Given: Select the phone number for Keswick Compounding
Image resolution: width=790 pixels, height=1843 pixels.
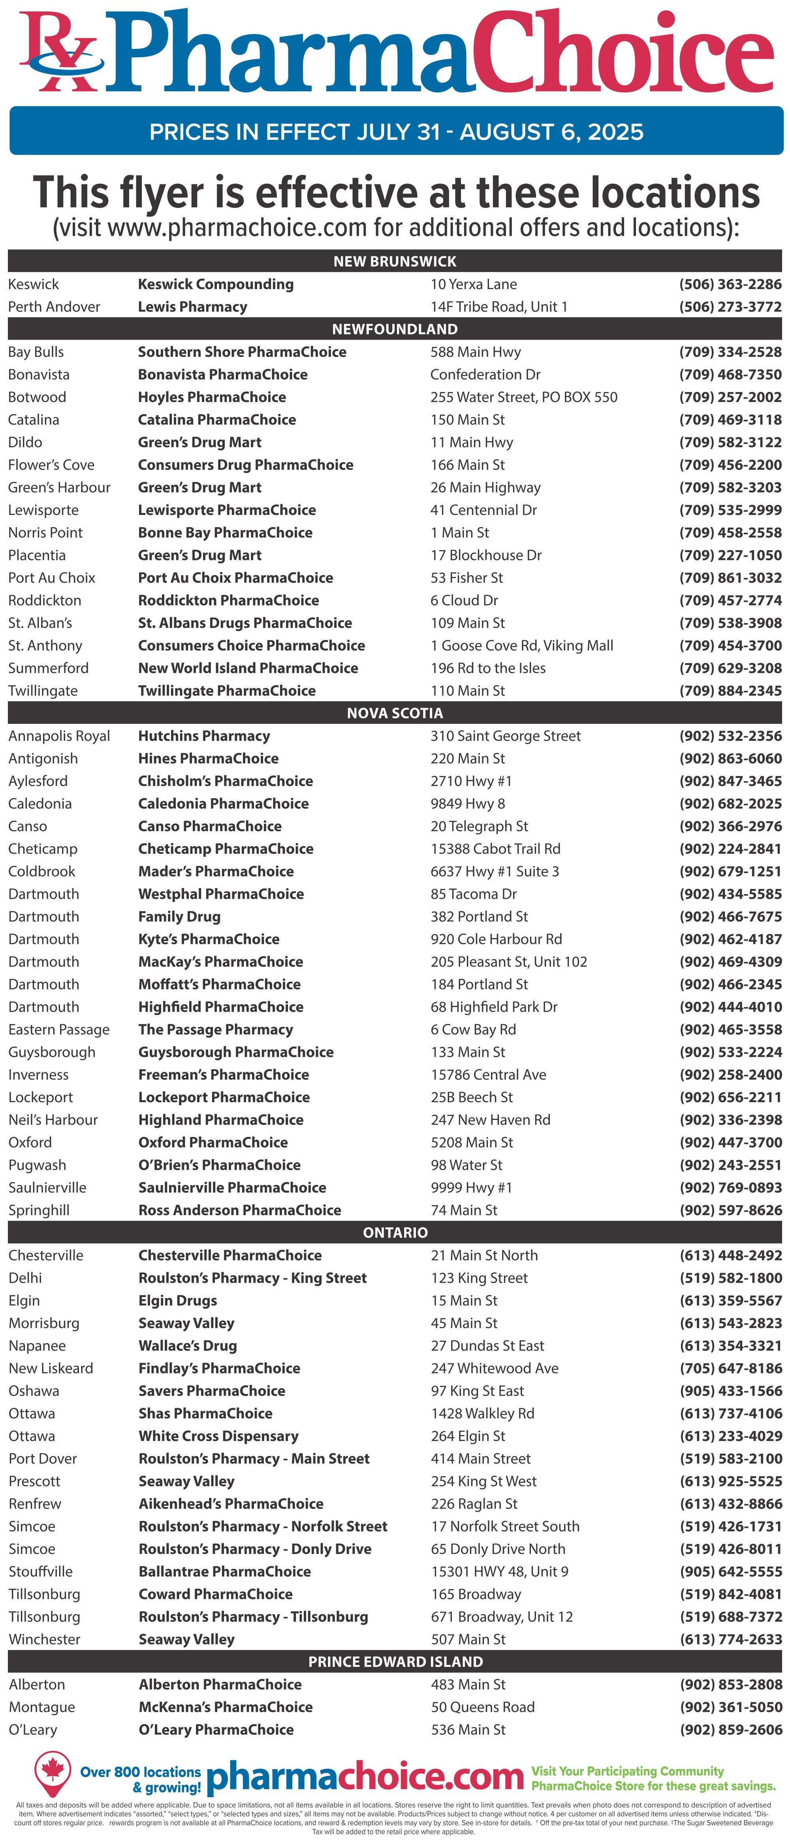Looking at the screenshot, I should tap(730, 284).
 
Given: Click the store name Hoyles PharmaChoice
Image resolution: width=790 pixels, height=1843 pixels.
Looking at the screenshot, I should tap(212, 397).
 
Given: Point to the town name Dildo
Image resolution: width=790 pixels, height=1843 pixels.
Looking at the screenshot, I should tap(25, 442).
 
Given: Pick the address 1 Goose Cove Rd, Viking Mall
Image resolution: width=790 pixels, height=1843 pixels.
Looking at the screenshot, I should tap(522, 645).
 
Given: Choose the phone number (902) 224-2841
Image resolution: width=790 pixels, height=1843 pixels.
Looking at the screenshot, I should tap(730, 849).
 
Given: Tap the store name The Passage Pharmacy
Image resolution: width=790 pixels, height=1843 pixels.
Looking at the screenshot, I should tap(215, 1030).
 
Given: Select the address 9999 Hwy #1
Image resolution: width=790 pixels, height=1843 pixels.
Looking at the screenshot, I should tap(472, 1187).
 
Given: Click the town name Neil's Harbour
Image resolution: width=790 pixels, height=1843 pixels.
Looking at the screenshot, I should tap(53, 1120).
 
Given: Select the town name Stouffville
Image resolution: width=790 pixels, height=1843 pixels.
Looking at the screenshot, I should tap(41, 1572).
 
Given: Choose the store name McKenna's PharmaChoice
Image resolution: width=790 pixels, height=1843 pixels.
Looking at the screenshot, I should tap(226, 1707).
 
